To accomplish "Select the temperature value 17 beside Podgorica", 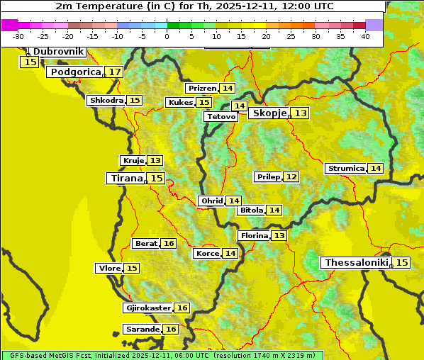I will click(x=114, y=72).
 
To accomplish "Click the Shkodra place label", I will click(x=106, y=101).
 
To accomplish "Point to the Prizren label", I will click(x=202, y=89).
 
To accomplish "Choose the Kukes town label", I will click(x=181, y=103).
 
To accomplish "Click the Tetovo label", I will click(x=221, y=116).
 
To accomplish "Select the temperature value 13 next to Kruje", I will click(x=155, y=161).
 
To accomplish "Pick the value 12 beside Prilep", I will click(x=291, y=176).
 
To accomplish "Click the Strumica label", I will click(x=346, y=169).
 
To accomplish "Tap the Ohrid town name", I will click(x=212, y=201).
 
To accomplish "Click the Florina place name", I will click(x=254, y=235).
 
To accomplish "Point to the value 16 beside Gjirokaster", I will click(x=182, y=308).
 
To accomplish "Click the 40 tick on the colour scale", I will click(x=364, y=35).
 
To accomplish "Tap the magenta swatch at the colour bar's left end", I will click(x=9, y=25).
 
